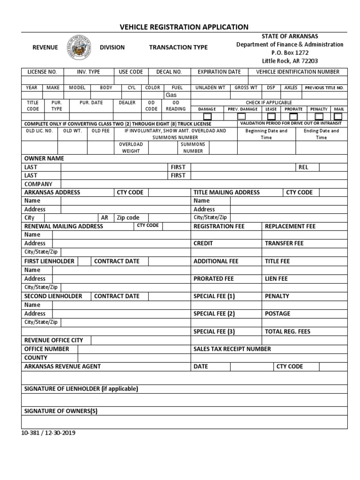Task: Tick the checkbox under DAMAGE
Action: tap(207, 116)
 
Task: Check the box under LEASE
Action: tap(271, 116)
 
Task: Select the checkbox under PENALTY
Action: tap(319, 116)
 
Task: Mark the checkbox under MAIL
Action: tap(338, 116)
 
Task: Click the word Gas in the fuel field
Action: tap(177, 95)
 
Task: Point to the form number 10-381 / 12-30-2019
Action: tap(48, 433)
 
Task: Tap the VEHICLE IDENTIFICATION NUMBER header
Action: tap(298, 72)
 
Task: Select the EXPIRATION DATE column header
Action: tap(219, 72)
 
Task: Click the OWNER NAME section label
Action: tap(44, 158)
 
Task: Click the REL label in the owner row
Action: tap(303, 167)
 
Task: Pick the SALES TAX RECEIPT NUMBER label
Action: tap(232, 349)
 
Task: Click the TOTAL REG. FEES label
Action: tap(287, 331)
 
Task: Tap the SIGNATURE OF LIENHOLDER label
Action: tap(81, 389)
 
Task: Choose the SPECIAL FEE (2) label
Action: tap(214, 314)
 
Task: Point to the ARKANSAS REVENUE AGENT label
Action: tap(62, 366)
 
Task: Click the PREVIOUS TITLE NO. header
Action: tap(324, 88)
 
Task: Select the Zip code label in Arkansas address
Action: tap(128, 217)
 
